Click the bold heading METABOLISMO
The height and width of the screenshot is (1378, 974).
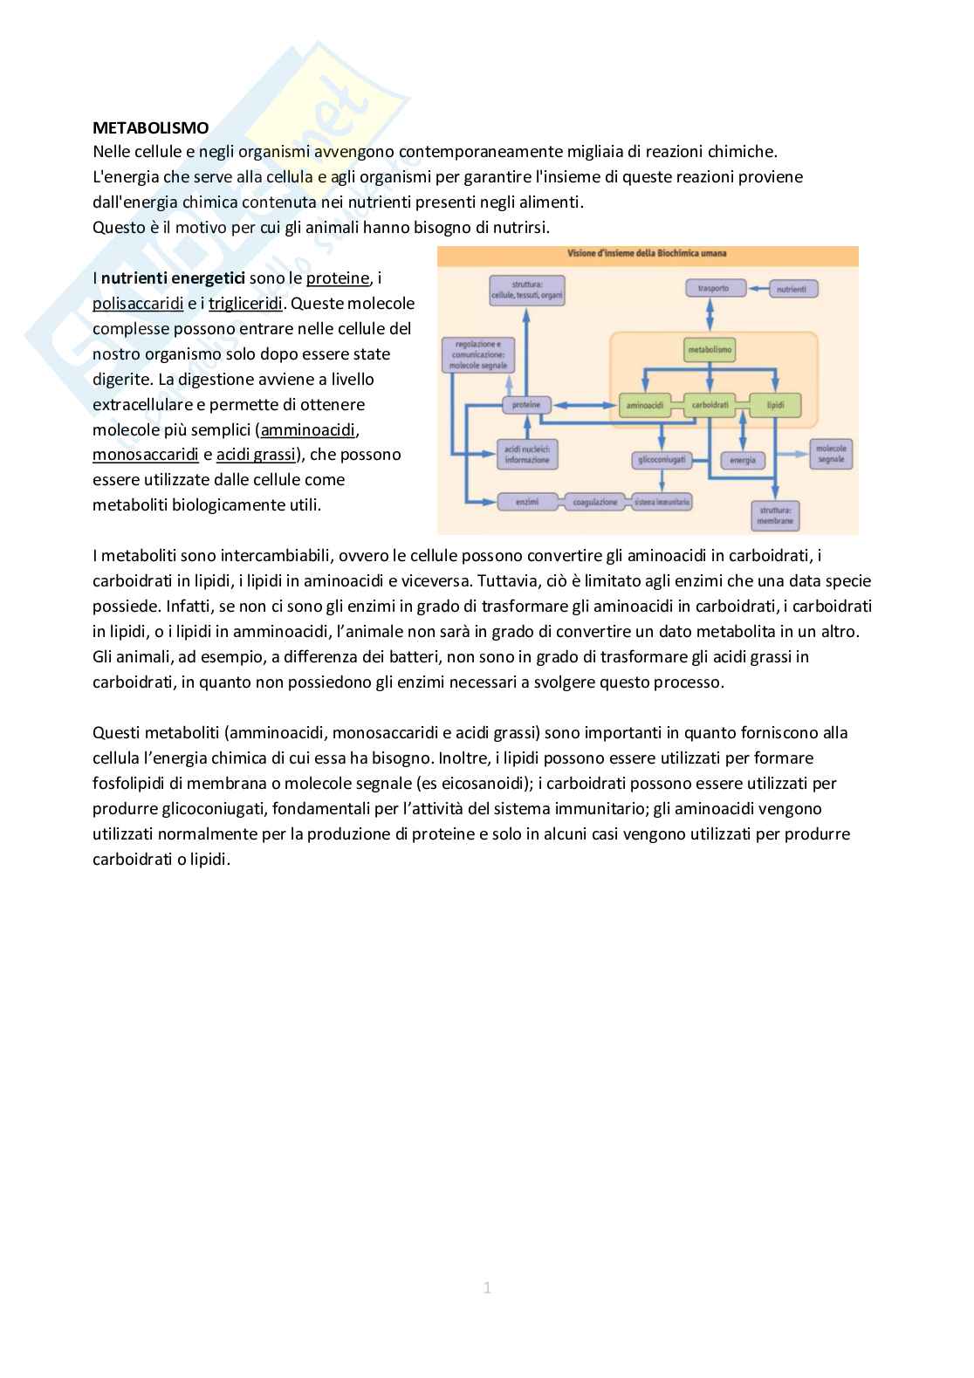click(150, 127)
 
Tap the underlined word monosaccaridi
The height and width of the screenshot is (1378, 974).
click(145, 455)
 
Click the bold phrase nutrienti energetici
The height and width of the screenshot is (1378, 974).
click(173, 278)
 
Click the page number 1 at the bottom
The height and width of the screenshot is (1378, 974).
click(487, 1287)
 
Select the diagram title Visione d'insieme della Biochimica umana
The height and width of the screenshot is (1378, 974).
click(648, 254)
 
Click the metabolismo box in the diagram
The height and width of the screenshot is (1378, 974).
click(710, 350)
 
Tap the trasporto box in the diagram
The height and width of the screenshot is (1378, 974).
click(714, 288)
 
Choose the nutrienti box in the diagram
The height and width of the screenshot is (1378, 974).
click(792, 288)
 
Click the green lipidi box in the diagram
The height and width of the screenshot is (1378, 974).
click(775, 405)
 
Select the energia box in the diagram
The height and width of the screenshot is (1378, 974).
click(742, 460)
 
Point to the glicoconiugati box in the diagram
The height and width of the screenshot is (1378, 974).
click(662, 460)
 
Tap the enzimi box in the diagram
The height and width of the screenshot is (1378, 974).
click(526, 502)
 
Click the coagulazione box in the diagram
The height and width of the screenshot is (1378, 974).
click(595, 502)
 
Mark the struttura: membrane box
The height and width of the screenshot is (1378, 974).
click(775, 515)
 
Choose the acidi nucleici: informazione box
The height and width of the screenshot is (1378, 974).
click(527, 454)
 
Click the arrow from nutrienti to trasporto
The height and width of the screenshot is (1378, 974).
click(758, 288)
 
